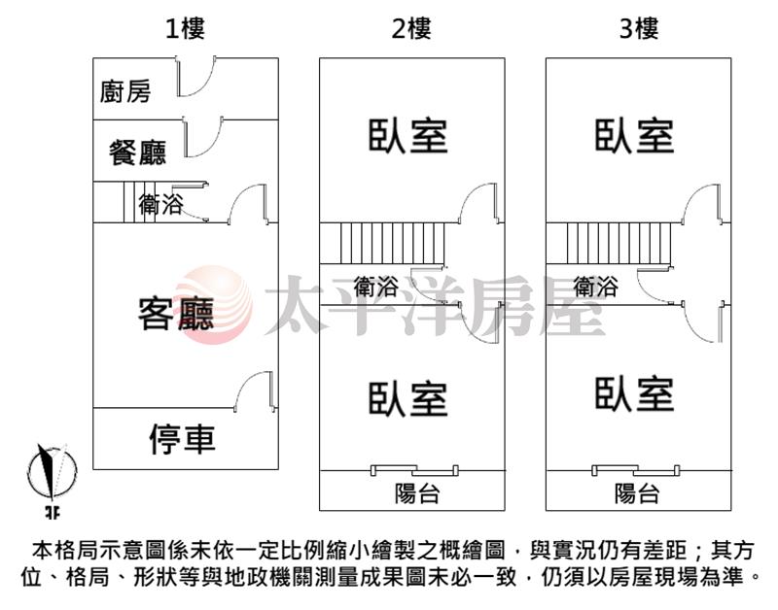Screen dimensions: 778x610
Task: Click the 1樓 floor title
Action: click(x=185, y=28)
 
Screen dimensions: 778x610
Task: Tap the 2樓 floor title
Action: click(x=411, y=28)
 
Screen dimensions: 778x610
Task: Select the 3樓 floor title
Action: click(x=639, y=28)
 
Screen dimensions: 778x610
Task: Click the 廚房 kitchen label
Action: click(x=125, y=91)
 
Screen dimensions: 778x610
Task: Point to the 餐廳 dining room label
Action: click(x=137, y=152)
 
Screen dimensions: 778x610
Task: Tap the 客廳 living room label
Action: click(x=176, y=314)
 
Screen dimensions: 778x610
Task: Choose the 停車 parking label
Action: click(x=183, y=439)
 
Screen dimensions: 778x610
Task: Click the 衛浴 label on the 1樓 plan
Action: click(x=160, y=204)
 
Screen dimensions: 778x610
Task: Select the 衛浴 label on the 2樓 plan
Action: click(x=375, y=287)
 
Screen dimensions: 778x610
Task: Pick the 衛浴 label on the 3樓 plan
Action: click(x=595, y=287)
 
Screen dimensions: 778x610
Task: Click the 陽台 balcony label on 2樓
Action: click(x=417, y=493)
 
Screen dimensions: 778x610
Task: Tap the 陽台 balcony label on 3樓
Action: click(x=637, y=493)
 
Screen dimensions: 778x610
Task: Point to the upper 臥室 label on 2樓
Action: click(x=407, y=135)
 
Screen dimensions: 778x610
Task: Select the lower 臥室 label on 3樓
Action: click(x=635, y=394)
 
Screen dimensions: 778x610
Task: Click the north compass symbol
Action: click(x=52, y=476)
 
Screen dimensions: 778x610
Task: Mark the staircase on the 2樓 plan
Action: click(x=382, y=243)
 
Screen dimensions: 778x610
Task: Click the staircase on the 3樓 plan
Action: click(x=609, y=243)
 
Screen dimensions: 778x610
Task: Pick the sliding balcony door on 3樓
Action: click(x=636, y=470)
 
